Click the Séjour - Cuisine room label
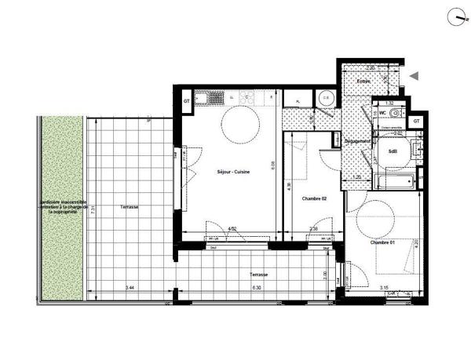coord(234,172)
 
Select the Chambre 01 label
coord(382,242)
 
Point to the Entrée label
coord(363,82)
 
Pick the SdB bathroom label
coord(382,152)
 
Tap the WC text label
coord(382,113)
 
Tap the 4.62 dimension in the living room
coord(232,229)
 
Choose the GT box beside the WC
coord(417,122)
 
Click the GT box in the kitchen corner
coord(187,100)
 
